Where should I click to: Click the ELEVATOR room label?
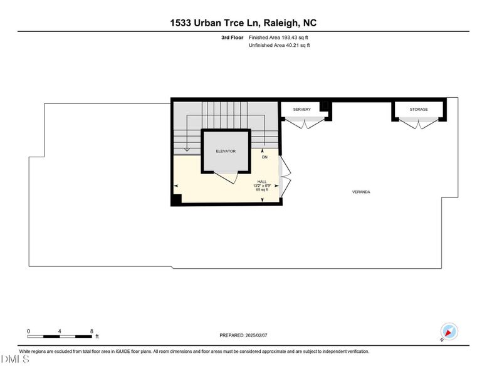pos(226,151)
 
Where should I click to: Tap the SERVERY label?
pos(301,110)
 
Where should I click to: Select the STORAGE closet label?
pos(419,110)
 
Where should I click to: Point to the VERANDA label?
pos(361,192)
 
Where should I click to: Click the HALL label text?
pos(262,181)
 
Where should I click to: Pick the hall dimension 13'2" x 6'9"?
pos(262,185)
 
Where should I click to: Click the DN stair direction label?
pos(264,157)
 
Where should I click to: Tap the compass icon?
pos(449,332)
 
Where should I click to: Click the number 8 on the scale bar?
pos(92,331)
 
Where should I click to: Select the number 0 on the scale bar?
pos(28,331)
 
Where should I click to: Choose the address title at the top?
pos(243,23)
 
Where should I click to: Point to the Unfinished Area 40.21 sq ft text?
pos(279,45)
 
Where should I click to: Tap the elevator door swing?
pos(226,177)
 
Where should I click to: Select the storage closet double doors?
pos(419,123)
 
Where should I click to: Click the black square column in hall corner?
pos(177,199)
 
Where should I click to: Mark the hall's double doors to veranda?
pos(285,177)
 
